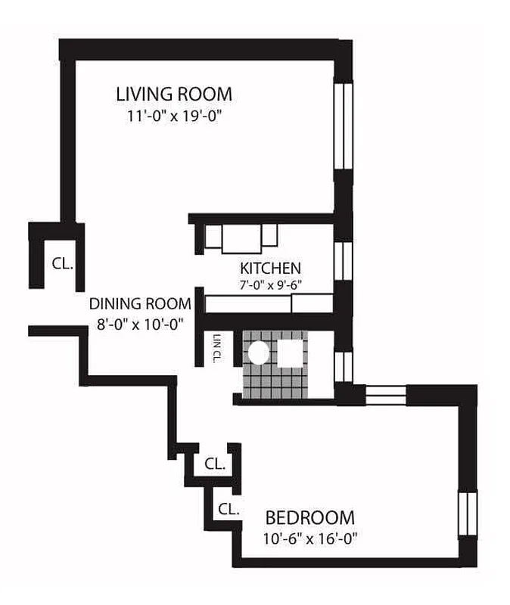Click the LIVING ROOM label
tap(174, 95)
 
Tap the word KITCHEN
tap(270, 268)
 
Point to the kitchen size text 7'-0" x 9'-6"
tap(270, 286)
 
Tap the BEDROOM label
tap(309, 518)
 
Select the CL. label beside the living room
tap(62, 264)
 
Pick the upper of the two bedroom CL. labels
tap(216, 464)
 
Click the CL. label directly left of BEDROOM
tap(229, 509)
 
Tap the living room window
tap(344, 126)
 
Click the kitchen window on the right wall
tap(344, 261)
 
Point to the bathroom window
tap(344, 365)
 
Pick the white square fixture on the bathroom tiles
tap(291, 353)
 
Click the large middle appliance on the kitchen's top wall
tap(241, 238)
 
